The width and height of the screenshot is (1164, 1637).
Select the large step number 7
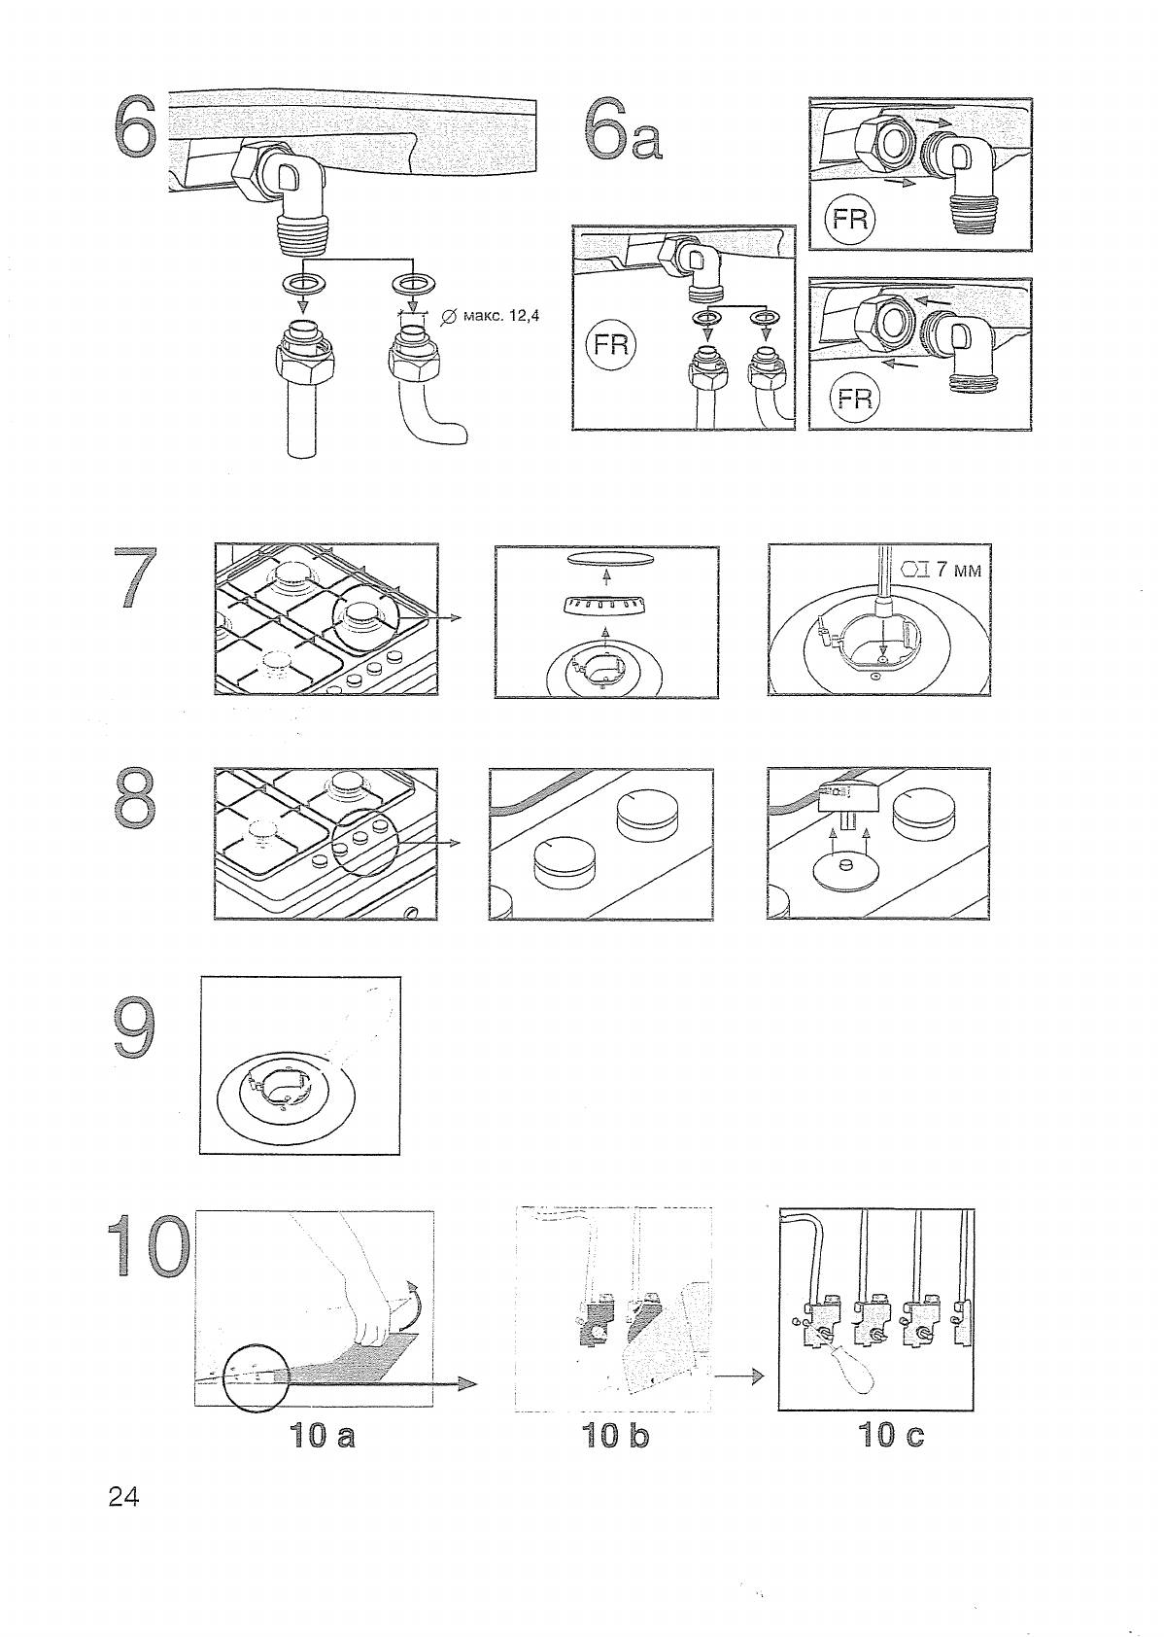136,578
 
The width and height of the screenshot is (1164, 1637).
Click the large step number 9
135,1028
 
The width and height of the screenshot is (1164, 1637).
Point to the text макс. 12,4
493,317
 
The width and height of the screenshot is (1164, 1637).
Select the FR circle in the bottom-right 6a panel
855,399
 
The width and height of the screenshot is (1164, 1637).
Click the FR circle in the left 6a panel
612,344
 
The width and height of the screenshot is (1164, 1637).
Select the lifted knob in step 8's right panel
847,798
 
